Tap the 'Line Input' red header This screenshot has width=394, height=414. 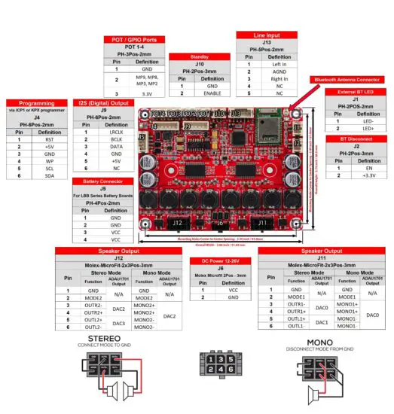tap(267, 35)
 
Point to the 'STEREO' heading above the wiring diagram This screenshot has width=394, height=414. tap(105, 340)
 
